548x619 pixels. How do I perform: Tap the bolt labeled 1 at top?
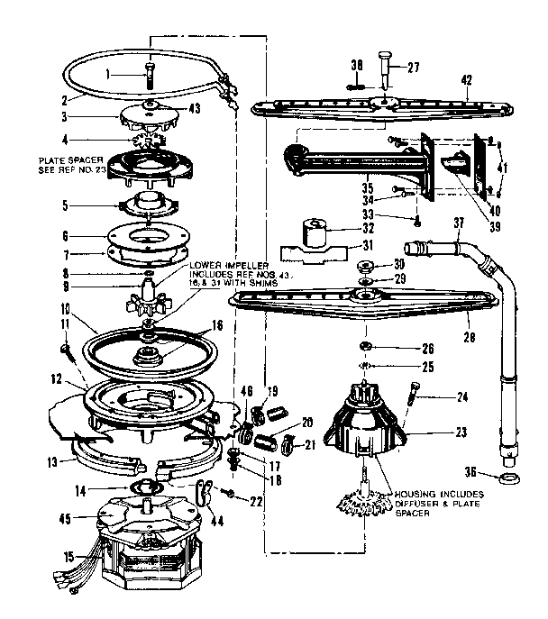(149, 74)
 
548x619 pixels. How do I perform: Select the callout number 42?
(466, 80)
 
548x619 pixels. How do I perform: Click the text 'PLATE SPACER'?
(68, 160)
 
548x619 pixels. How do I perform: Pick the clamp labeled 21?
(288, 442)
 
